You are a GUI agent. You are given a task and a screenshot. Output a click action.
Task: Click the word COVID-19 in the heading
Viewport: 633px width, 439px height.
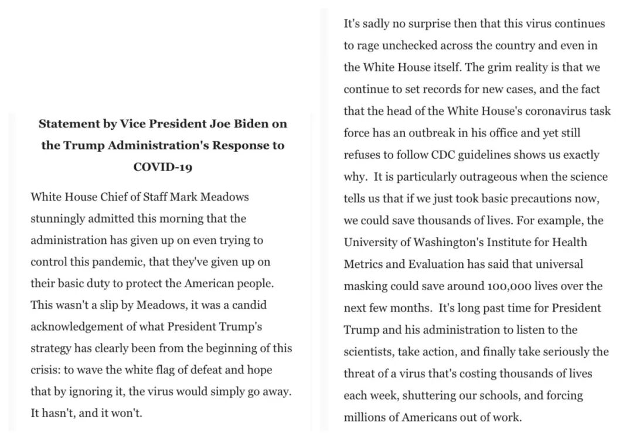[163, 166]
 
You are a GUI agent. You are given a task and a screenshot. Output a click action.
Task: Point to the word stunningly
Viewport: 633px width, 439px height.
[57, 219]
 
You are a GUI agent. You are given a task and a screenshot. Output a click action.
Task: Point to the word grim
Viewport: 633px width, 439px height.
[497, 67]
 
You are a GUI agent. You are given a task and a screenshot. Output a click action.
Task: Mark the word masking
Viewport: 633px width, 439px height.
[367, 286]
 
